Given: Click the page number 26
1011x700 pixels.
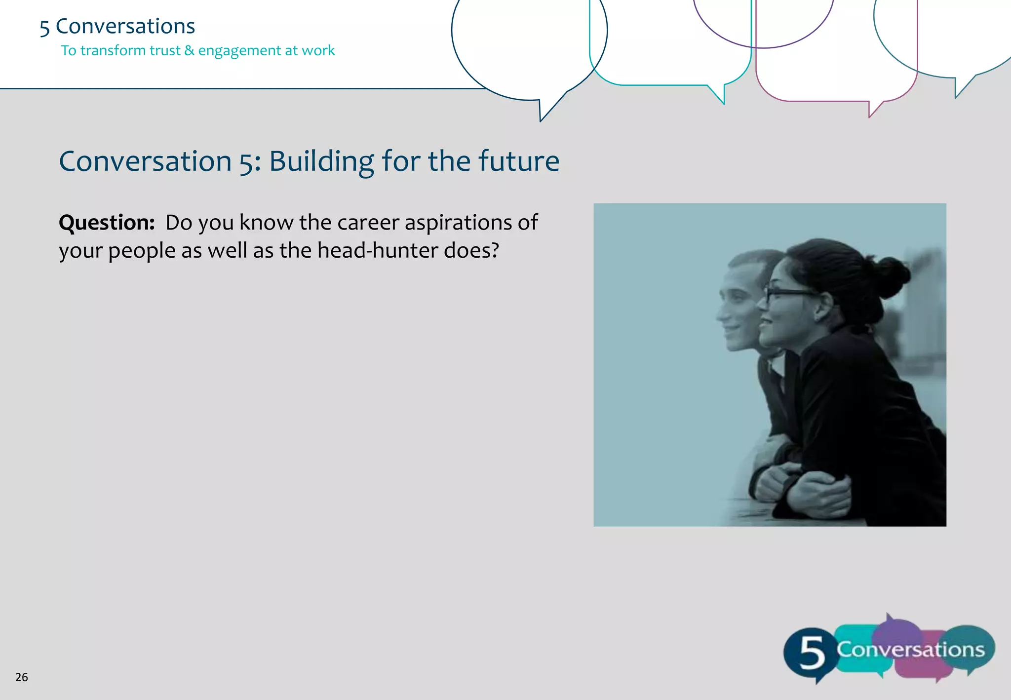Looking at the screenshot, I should (x=21, y=677).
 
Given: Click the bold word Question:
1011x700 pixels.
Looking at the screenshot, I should (x=107, y=223).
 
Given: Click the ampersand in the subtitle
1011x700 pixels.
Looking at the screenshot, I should (x=189, y=50).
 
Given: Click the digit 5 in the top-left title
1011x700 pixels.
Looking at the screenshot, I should (x=44, y=28).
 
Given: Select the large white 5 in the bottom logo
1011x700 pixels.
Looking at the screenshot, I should (x=812, y=653).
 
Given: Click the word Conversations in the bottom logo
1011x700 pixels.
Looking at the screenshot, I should (x=910, y=649).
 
